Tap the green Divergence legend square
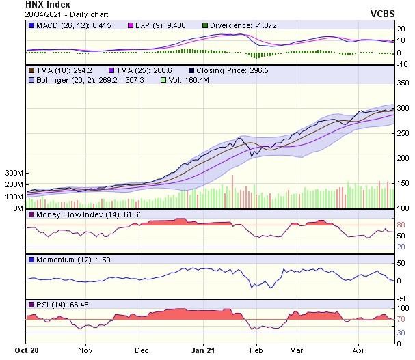[x=206, y=25]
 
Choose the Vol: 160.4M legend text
[x=188, y=80]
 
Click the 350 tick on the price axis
[x=403, y=83]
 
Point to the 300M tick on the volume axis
[x=14, y=174]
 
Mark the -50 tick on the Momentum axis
[x=403, y=298]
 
